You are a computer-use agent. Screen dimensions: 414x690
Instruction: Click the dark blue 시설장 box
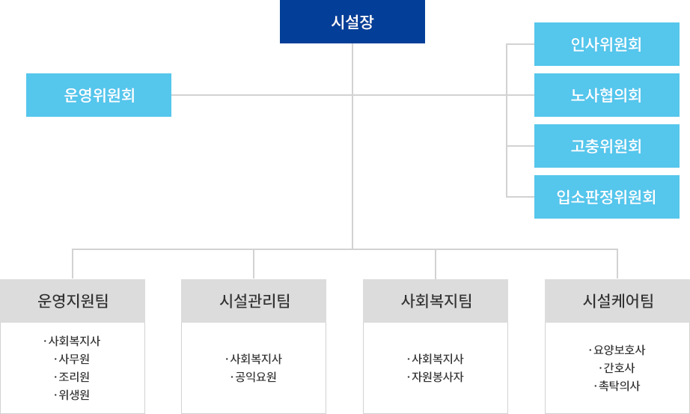(x=352, y=22)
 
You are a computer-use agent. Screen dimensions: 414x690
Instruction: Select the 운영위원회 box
(x=98, y=95)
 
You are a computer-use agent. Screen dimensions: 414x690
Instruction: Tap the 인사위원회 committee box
(x=606, y=44)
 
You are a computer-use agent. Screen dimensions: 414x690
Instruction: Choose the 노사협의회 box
(x=606, y=95)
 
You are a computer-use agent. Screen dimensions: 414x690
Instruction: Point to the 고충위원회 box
(x=606, y=146)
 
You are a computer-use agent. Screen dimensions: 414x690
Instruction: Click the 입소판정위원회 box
(x=606, y=197)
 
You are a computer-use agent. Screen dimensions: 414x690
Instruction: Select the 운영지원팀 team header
(x=73, y=300)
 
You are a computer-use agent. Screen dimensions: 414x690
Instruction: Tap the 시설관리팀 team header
(x=254, y=300)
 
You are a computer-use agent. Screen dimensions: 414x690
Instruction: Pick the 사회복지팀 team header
(x=436, y=300)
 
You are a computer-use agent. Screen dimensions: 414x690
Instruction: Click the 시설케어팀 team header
(x=617, y=300)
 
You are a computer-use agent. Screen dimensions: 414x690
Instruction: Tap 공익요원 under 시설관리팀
(x=255, y=377)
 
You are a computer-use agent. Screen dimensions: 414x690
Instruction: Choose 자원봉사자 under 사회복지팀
(x=437, y=377)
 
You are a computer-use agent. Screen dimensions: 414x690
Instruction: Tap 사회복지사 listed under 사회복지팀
(x=437, y=359)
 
